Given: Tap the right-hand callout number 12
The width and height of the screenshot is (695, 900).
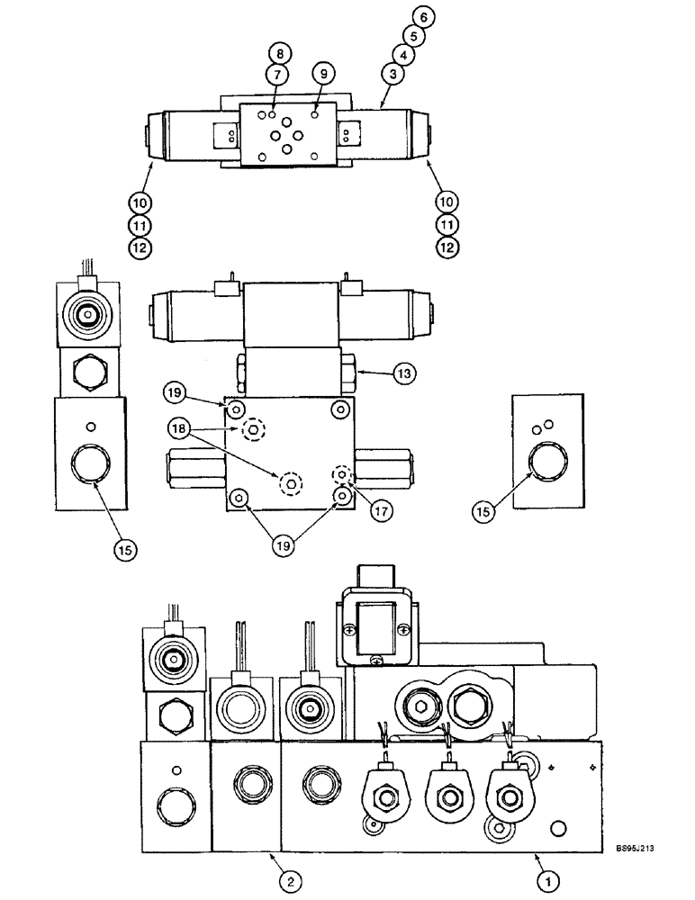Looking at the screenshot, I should (449, 245).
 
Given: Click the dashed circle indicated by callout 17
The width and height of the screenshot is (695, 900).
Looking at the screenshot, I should (341, 474).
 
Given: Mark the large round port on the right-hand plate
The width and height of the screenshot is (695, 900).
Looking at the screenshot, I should (546, 463).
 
